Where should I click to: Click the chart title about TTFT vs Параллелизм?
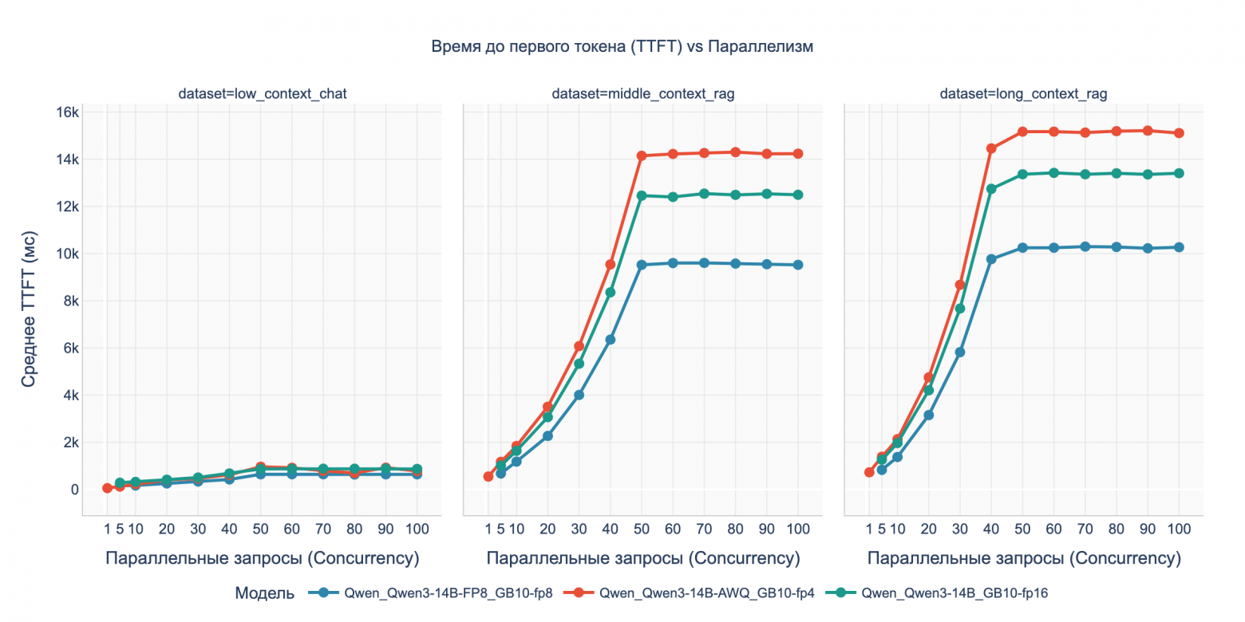(622, 46)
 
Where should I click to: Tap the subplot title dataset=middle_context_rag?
(642, 94)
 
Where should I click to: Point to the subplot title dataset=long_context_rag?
(1023, 94)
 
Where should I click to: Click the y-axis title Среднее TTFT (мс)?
(29, 316)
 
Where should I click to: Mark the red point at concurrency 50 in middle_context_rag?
(641, 155)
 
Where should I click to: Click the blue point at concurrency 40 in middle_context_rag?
(610, 340)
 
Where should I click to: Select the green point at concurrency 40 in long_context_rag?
(991, 189)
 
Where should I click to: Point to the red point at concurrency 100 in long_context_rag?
(1179, 133)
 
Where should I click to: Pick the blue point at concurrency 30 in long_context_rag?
(960, 352)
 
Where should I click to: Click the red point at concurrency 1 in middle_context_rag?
(488, 476)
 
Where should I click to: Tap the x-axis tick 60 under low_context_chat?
(291, 529)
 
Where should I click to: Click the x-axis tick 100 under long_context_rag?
(1179, 529)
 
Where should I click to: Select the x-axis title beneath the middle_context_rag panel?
(642, 559)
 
